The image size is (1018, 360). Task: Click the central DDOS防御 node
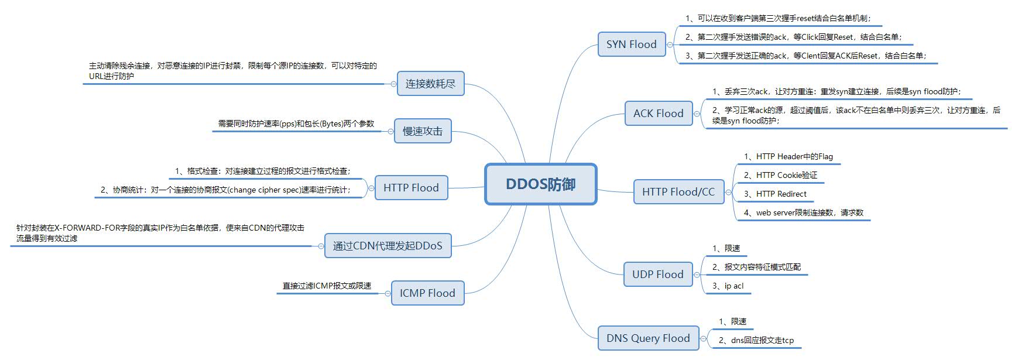pyautogui.click(x=540, y=184)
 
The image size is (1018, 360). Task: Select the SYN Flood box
pyautogui.click(x=631, y=44)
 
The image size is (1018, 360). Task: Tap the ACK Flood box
pyautogui.click(x=658, y=114)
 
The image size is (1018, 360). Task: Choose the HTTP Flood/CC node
pyautogui.click(x=678, y=192)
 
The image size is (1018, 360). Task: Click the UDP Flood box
pyautogui.click(x=657, y=275)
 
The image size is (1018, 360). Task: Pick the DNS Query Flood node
pyautogui.click(x=647, y=338)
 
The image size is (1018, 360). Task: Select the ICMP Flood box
pyautogui.click(x=427, y=293)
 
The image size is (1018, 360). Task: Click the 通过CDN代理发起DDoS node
pyautogui.click(x=388, y=246)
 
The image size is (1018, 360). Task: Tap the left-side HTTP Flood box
pyautogui.click(x=410, y=188)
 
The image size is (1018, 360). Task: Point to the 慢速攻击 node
pyautogui.click(x=422, y=131)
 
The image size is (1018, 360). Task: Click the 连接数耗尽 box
pyautogui.click(x=430, y=84)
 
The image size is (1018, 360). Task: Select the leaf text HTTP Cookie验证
pyautogui.click(x=780, y=175)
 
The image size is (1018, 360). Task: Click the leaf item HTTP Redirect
pyautogui.click(x=775, y=194)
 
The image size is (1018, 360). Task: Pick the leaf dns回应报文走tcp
pyautogui.click(x=756, y=340)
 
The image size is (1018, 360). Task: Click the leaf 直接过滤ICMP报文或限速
pyautogui.click(x=327, y=286)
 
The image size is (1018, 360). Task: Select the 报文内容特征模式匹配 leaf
pyautogui.click(x=756, y=267)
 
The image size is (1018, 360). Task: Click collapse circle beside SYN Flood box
pyautogui.click(x=670, y=44)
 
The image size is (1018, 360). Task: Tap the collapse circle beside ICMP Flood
pyautogui.click(x=387, y=293)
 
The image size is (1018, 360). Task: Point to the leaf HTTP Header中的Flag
pyautogui.click(x=788, y=156)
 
